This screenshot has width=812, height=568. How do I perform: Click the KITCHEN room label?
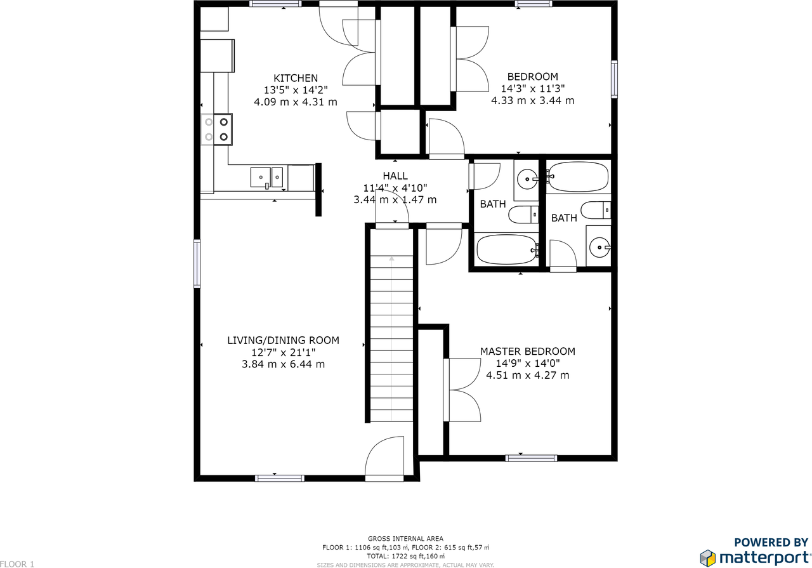(x=296, y=78)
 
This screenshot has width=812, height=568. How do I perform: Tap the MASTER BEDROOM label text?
(x=527, y=351)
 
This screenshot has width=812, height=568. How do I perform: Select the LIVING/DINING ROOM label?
(x=283, y=340)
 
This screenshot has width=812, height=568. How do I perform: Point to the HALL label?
(x=395, y=176)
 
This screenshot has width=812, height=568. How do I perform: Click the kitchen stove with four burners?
(x=217, y=129)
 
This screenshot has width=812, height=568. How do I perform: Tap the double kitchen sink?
(x=266, y=177)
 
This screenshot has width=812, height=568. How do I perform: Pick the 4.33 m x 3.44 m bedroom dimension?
(x=532, y=100)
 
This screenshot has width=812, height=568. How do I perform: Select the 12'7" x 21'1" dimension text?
(x=283, y=352)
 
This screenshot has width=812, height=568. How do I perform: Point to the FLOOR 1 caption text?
(x=17, y=564)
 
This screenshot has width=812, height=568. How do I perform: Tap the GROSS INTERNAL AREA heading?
(x=405, y=539)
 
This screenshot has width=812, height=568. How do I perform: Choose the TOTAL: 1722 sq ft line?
(x=405, y=556)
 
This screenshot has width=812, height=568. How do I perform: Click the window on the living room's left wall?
(x=197, y=263)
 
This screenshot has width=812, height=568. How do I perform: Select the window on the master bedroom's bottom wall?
(x=531, y=458)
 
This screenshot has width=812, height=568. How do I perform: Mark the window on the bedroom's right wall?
(x=614, y=79)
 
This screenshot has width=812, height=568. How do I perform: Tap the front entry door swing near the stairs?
(x=384, y=459)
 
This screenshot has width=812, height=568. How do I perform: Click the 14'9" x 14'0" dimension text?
(x=527, y=363)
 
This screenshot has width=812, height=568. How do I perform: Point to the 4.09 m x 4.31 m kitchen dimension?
(x=296, y=102)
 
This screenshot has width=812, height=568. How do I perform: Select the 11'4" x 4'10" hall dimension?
(x=395, y=188)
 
